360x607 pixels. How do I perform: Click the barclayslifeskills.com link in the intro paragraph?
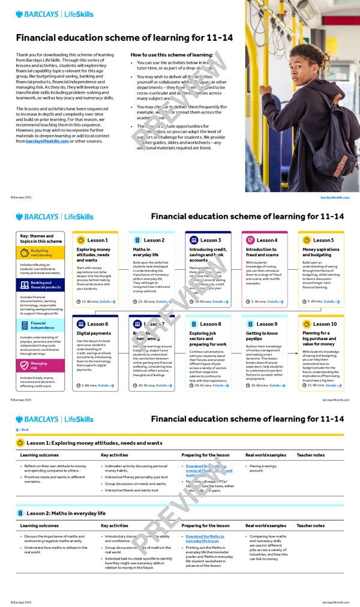[x=47, y=142]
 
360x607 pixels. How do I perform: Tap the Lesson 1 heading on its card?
[x=97, y=240]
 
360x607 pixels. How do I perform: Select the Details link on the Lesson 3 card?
[x=218, y=302]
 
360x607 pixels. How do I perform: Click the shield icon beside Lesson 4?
[x=250, y=240]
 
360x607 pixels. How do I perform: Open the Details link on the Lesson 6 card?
[x=105, y=385]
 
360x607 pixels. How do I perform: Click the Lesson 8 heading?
[x=211, y=324]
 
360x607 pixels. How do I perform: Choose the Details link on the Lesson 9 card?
[x=275, y=385]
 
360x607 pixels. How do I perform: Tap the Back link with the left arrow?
[x=22, y=429]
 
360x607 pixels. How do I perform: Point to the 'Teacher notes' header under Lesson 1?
[x=310, y=455]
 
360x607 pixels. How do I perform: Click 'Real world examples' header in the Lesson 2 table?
[x=266, y=525]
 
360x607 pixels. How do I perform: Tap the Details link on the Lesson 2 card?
[x=162, y=302]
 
